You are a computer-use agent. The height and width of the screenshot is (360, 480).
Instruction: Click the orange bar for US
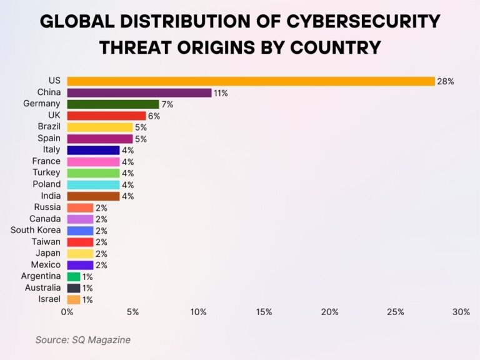point(251,81)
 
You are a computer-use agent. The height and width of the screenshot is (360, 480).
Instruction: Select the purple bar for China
point(139,92)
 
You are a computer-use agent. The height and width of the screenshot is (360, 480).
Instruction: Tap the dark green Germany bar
point(113,104)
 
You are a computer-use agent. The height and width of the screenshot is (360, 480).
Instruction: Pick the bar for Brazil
point(100,127)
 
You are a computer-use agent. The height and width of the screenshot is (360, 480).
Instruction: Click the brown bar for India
point(93,196)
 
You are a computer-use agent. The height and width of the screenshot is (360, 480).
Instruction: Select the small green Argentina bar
point(74,276)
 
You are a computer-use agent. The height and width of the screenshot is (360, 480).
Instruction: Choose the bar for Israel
point(74,299)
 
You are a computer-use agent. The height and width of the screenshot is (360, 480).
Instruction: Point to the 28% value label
point(445,81)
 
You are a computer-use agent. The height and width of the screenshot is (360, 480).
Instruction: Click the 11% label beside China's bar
point(221,93)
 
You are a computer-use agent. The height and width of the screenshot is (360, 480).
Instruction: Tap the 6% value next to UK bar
point(154,116)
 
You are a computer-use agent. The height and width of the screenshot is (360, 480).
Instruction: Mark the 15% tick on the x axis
point(264,312)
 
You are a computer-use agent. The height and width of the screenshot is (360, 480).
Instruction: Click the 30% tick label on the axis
point(461,312)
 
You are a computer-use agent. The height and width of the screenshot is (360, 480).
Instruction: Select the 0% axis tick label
point(67,312)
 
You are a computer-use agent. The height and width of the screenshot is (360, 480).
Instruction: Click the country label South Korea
point(36,230)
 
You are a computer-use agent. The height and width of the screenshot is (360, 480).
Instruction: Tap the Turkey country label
point(47,172)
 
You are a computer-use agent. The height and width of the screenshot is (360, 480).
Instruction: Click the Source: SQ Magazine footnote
point(82,339)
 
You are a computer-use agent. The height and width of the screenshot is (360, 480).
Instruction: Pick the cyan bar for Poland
point(93,184)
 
